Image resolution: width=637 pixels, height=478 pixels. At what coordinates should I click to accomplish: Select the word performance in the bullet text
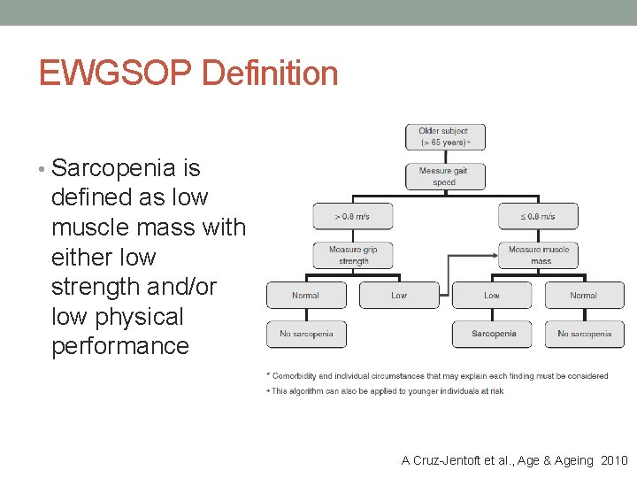[120, 346]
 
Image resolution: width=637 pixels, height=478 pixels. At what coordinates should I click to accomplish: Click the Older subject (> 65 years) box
[445, 136]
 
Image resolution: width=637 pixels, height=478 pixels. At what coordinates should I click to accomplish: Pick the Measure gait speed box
[445, 176]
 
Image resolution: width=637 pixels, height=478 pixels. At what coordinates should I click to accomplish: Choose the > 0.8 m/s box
[352, 216]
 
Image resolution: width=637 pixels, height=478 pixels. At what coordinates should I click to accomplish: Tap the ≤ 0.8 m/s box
[538, 216]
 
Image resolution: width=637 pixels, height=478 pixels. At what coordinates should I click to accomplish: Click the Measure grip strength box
[352, 255]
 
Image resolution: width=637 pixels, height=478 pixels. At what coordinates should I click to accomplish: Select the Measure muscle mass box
[538, 255]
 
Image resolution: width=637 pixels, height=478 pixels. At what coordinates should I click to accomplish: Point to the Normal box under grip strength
[306, 295]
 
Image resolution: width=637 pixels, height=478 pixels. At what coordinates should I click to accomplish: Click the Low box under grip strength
[399, 295]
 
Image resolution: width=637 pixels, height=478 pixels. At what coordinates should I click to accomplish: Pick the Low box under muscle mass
[492, 295]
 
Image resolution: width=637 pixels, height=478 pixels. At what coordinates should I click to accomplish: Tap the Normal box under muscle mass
[584, 295]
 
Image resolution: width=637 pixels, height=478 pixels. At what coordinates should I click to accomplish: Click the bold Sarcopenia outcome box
[492, 334]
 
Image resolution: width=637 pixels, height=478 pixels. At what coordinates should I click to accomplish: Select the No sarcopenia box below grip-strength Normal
[306, 334]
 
